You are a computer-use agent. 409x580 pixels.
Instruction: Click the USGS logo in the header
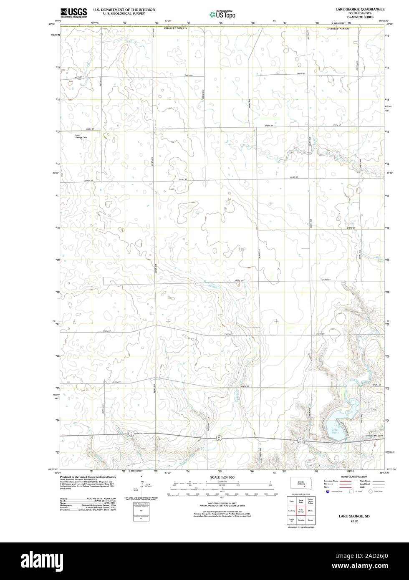point(73,12)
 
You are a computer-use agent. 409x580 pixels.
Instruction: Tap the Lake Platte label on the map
point(335,431)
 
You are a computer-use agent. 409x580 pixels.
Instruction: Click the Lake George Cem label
point(81,136)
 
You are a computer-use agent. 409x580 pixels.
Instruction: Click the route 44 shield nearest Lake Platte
point(300,440)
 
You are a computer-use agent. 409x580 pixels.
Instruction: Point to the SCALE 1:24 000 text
point(222,477)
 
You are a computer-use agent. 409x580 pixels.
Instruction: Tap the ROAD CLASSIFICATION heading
point(354,477)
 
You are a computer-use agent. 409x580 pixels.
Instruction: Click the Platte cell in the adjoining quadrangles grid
point(310,510)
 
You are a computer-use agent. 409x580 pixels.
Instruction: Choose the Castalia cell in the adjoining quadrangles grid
point(300,521)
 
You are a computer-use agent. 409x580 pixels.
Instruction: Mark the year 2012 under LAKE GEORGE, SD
point(354,521)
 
